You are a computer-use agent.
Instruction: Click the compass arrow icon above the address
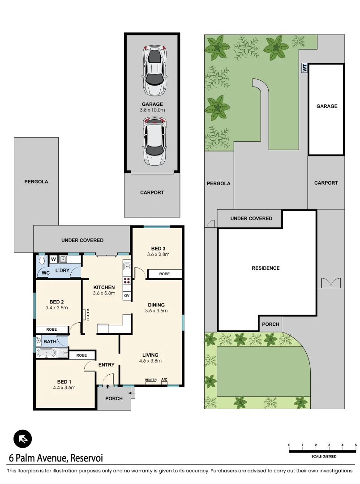(22, 439)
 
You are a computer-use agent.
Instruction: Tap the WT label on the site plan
(304, 68)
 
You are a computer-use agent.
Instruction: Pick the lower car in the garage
(154, 141)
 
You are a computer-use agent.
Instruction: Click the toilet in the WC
(42, 260)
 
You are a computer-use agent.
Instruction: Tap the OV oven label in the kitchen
(126, 296)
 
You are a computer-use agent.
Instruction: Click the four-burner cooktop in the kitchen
(126, 282)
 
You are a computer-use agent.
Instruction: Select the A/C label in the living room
(164, 380)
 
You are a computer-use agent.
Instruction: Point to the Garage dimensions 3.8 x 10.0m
(153, 110)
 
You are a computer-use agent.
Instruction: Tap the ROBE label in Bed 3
(164, 274)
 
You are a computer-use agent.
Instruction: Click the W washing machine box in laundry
(53, 259)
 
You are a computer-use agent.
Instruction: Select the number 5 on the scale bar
(356, 445)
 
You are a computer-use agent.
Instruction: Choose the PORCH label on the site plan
(270, 324)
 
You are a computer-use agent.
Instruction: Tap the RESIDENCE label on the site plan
(265, 268)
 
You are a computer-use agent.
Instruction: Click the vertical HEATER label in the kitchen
(88, 315)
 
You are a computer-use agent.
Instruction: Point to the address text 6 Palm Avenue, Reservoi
(56, 458)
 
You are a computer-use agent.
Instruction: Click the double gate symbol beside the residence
(330, 283)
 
